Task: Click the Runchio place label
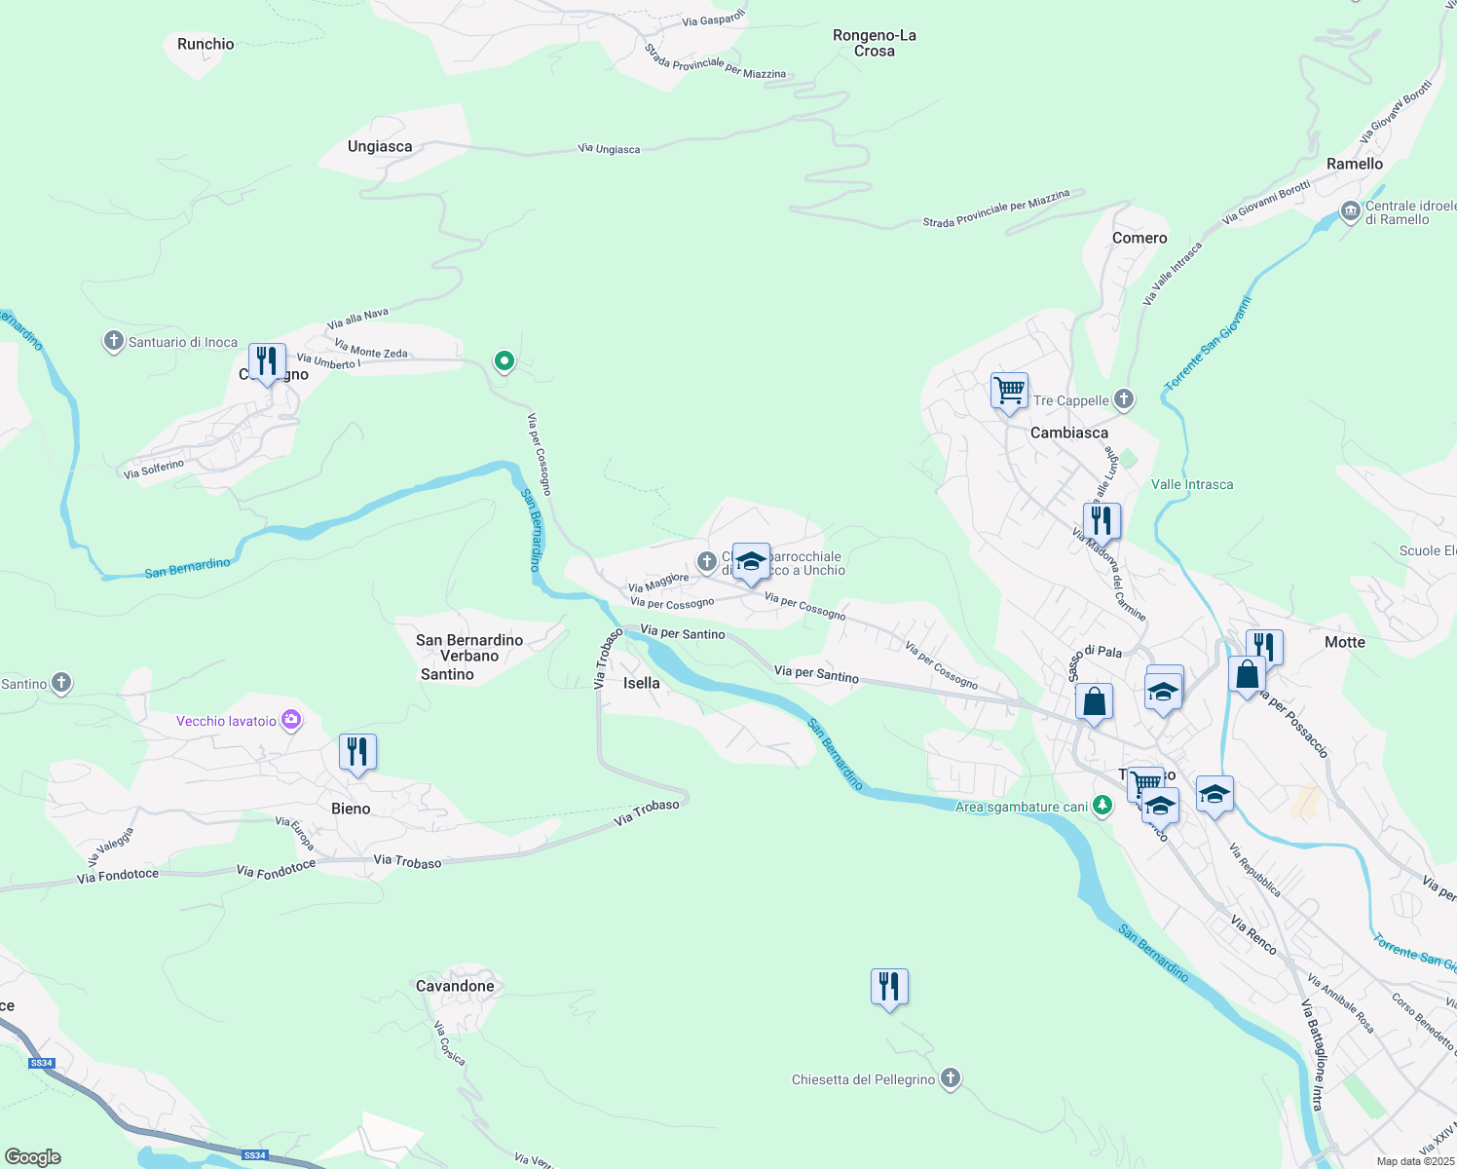click(x=205, y=44)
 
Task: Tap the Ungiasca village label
click(x=380, y=146)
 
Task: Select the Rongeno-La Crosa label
click(x=875, y=43)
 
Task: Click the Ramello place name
click(x=1354, y=164)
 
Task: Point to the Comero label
click(x=1139, y=238)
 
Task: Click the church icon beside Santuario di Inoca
click(x=114, y=341)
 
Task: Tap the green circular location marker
click(x=504, y=361)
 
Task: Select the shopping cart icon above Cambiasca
click(x=1010, y=391)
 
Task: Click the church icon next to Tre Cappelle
click(x=1124, y=399)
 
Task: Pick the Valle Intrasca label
click(x=1192, y=484)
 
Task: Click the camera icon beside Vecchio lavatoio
click(x=291, y=720)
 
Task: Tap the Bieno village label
click(x=351, y=809)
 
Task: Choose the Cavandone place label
click(x=455, y=986)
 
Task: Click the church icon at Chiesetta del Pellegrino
click(x=951, y=1078)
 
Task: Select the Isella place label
click(x=641, y=683)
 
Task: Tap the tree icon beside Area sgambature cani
click(x=1102, y=806)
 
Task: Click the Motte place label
click(x=1345, y=642)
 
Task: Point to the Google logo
click(x=33, y=1157)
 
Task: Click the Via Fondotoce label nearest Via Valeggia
click(x=118, y=876)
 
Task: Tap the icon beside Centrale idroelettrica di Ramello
click(x=1350, y=211)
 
